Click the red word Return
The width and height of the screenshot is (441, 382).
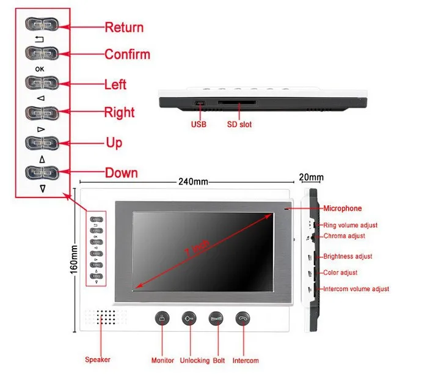coord(124,28)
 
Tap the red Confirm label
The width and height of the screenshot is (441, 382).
coord(127,54)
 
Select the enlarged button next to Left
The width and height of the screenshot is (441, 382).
coord(41,83)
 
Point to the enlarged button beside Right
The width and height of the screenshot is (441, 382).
coord(41,112)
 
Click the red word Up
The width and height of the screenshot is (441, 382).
coord(114,143)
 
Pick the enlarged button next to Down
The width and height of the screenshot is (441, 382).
coord(41,172)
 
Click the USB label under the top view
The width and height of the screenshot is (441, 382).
coord(199,125)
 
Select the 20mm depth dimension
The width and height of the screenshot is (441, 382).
coord(312,178)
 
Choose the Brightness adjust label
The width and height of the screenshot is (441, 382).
coord(348,257)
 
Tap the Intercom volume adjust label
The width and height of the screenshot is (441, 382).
coord(355,289)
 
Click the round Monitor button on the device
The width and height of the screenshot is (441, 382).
coord(162,319)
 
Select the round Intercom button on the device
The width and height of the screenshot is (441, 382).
coord(243,319)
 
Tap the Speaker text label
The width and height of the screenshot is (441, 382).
coord(98,360)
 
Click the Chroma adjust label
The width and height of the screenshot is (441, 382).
coord(344,236)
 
